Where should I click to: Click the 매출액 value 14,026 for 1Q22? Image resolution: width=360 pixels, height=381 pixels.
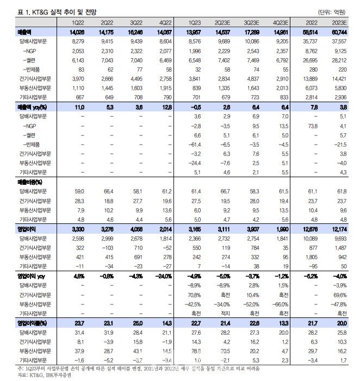click(x=75, y=33)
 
